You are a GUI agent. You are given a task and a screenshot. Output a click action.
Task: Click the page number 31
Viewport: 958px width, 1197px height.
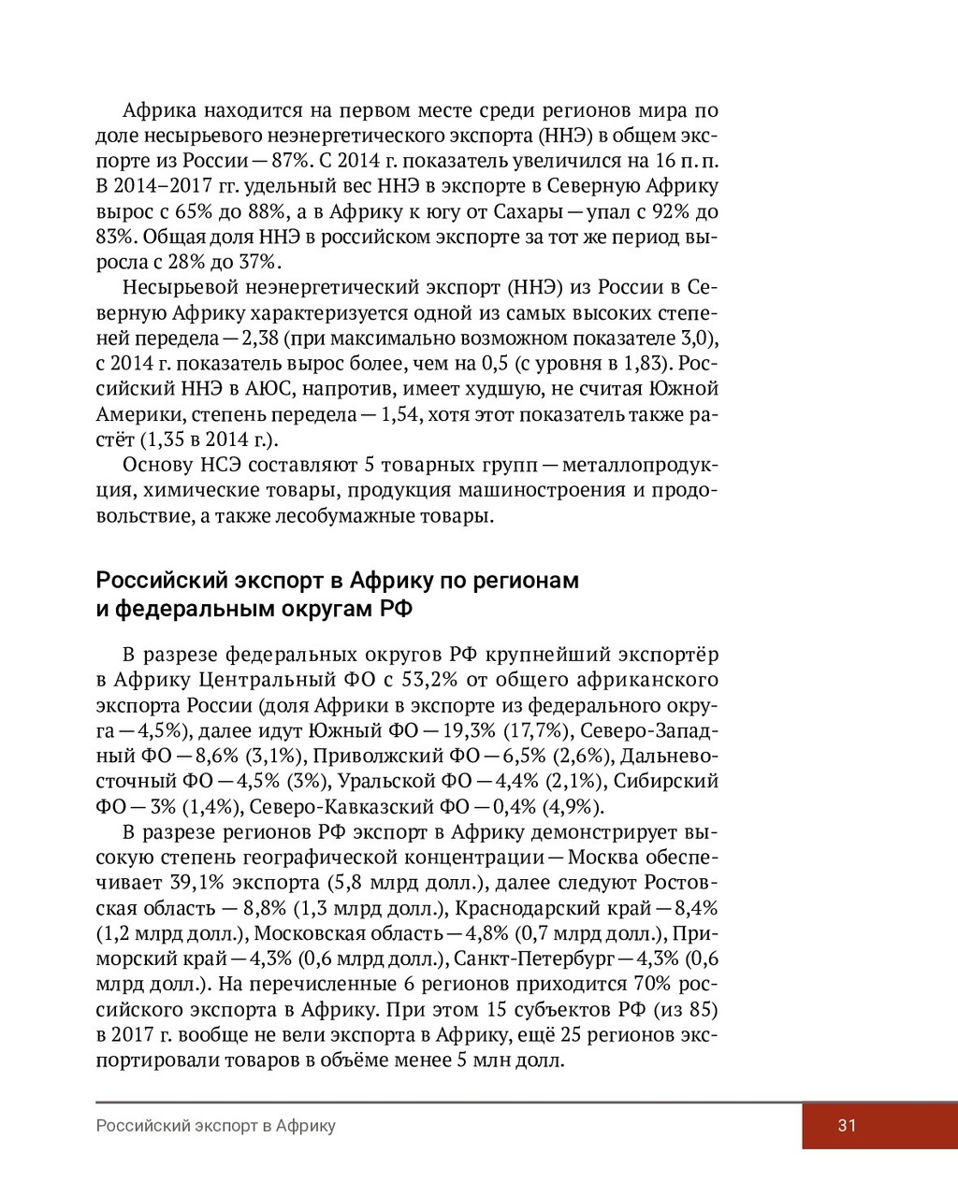(847, 1126)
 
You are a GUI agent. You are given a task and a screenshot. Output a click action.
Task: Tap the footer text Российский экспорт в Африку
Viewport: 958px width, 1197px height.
(215, 1126)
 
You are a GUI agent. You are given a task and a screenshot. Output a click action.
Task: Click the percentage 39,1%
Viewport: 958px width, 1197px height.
(196, 883)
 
